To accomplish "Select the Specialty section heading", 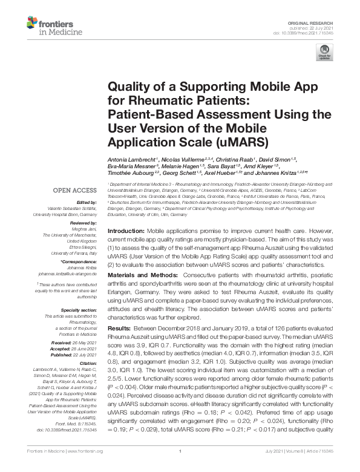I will pos(79,309).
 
